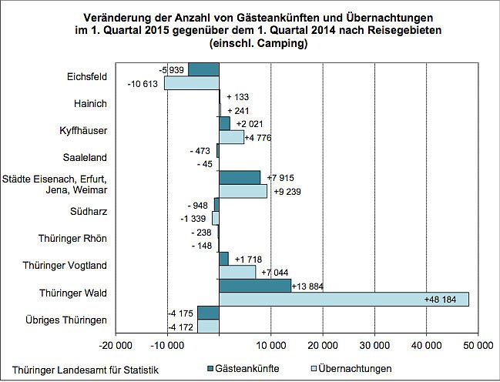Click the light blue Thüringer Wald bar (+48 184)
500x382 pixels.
point(344,299)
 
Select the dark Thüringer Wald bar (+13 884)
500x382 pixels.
point(255,286)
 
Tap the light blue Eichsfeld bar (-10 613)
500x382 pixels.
point(192,82)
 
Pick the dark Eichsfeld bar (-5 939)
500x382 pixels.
point(204,69)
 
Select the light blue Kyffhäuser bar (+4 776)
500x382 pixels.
point(231,137)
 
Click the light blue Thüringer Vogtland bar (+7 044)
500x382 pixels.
point(237,272)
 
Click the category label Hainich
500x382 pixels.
point(91,103)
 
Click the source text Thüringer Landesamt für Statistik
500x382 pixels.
point(81,370)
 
